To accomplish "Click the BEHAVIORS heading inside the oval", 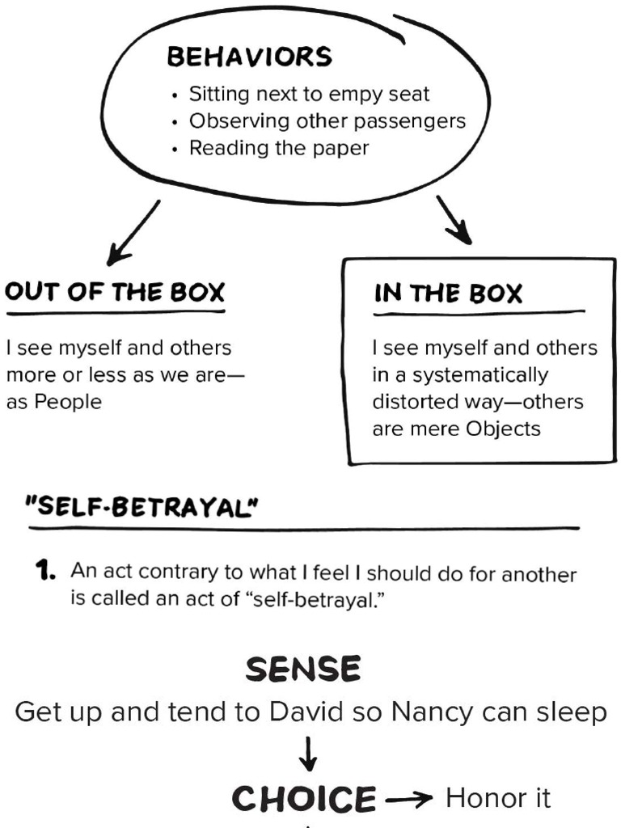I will tap(249, 57).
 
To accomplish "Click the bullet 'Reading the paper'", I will tap(278, 148).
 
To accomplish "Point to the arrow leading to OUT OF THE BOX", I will tap(133, 232).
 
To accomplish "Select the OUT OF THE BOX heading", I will tap(114, 292).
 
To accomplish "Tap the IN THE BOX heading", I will tap(448, 294).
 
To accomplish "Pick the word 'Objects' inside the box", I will tap(503, 429).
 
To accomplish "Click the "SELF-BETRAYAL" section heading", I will tap(142, 509).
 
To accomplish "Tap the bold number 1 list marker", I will tap(44, 572).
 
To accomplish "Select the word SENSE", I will tap(303, 670).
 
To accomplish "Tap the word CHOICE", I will tap(304, 800).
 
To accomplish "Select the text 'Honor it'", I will tap(498, 799).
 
